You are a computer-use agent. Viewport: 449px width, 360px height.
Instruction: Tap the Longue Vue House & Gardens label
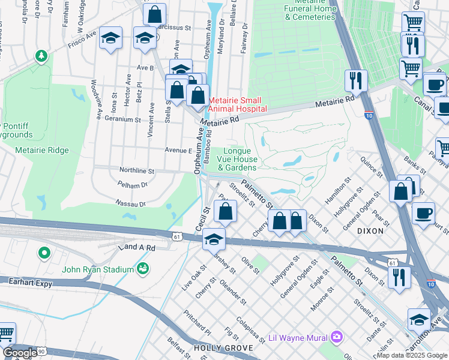tap(241, 160)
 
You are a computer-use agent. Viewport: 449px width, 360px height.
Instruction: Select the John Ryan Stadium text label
tap(97, 269)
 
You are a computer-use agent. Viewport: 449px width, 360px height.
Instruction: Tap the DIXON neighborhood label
tap(370, 230)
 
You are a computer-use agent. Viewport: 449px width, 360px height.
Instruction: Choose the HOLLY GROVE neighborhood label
tap(217, 348)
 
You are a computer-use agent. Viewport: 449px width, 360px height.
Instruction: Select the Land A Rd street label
tap(137, 247)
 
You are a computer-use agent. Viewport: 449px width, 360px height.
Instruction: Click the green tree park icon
tap(41, 57)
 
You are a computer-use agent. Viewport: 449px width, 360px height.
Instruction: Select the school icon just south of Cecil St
tap(214, 239)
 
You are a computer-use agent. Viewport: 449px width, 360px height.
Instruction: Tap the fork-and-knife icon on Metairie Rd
tap(356, 80)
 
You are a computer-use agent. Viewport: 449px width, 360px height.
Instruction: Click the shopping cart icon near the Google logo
tap(5, 333)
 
